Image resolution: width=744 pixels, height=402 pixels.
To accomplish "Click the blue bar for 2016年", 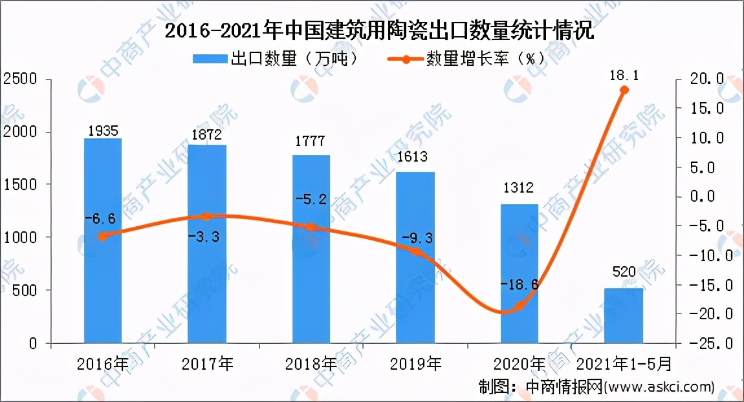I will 103,240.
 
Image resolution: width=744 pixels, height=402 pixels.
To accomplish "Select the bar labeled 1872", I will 207,244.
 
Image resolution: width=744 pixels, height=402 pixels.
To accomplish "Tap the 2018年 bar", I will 311,249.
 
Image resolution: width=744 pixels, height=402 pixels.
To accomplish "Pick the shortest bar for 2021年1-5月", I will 624,315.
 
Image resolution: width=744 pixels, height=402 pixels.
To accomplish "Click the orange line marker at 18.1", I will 624,90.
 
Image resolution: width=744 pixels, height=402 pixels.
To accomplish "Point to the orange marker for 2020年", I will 519,305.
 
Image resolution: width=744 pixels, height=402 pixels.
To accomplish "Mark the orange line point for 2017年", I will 207,217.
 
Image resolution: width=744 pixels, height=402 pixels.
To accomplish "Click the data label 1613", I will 415,156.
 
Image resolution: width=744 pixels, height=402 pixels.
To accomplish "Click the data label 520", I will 624,272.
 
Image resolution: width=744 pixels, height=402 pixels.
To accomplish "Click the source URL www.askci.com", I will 660,387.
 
